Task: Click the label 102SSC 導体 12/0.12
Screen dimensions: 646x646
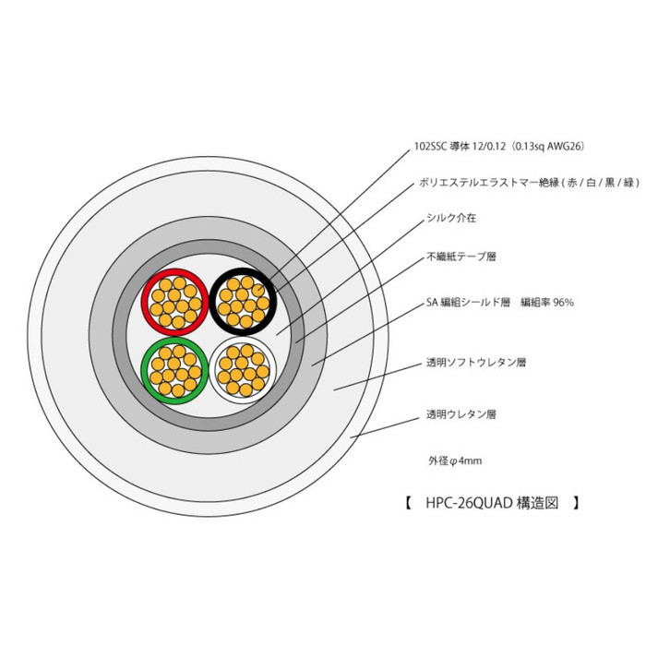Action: click(460, 146)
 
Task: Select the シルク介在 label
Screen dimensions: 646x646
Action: click(451, 218)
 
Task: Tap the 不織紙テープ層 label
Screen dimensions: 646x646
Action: click(461, 257)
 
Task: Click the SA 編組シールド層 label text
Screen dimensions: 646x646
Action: click(468, 303)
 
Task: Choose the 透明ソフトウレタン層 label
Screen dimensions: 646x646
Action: click(476, 363)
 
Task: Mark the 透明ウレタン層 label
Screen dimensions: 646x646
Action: click(461, 414)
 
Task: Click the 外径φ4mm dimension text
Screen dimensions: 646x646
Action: click(455, 461)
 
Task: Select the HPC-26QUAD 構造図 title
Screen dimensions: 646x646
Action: click(492, 503)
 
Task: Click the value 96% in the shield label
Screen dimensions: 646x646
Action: click(563, 303)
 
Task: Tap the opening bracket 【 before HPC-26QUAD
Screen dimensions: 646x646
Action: click(408, 503)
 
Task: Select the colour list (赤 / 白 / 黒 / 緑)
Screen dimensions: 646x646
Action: click(600, 183)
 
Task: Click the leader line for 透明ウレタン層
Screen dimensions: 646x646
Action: click(385, 427)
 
